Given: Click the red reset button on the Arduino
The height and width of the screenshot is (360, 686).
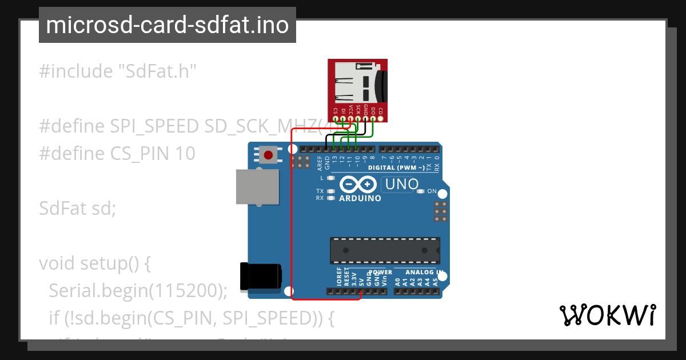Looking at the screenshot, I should point(268,154).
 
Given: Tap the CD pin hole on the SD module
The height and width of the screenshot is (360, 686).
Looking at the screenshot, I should point(380,119).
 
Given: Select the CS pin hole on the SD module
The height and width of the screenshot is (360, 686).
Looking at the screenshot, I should point(336,119).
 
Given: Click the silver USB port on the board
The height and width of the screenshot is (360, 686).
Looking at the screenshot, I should point(257,187).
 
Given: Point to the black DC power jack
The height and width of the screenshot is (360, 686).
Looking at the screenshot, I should point(261,276).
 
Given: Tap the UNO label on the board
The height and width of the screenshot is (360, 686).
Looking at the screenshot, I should point(402,185).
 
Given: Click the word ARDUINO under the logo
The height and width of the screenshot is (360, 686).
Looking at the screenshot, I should point(360,199).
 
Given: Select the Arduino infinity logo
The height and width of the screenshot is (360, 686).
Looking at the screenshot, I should point(358,185).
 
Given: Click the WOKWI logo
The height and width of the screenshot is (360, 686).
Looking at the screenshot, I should point(607,315).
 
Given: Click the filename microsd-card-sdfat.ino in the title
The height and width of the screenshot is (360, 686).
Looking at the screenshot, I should point(167,25).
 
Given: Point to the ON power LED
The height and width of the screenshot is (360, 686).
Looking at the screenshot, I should point(421,191).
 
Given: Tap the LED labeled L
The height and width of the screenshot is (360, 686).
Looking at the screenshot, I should point(330,178).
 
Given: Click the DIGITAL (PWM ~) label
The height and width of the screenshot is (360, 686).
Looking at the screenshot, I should point(396,168).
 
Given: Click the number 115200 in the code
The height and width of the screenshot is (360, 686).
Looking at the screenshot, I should point(185,291).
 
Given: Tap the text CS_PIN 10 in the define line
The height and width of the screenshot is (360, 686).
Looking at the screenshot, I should point(153,154).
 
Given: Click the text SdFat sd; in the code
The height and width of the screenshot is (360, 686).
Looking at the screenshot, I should point(78,209).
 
